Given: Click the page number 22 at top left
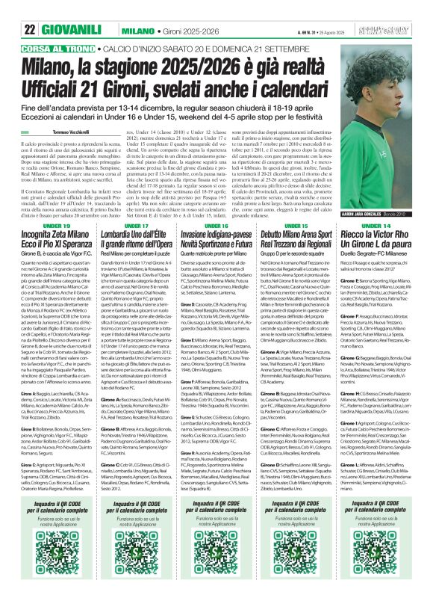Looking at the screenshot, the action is pyautogui.click(x=30, y=30).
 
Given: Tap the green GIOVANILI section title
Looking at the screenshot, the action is pyautogui.click(x=77, y=30).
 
